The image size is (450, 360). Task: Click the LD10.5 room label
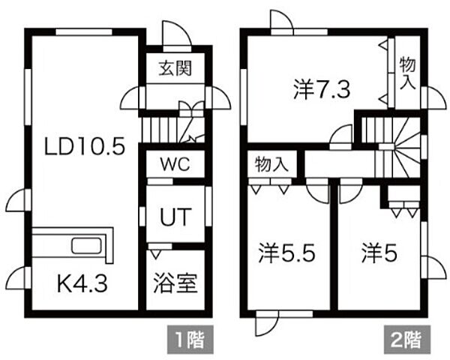point(85,146)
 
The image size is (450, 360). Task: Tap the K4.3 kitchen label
point(82,283)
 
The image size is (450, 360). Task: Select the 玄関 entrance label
point(175,68)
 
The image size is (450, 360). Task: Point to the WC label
point(175,164)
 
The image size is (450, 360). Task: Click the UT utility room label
point(175,217)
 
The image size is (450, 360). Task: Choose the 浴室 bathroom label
point(175,283)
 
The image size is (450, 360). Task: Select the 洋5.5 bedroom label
point(286,253)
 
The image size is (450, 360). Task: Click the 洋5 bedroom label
point(379,253)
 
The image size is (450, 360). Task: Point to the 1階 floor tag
point(190,340)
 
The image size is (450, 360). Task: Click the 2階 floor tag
point(407,340)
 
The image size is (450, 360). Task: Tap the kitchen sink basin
point(86,246)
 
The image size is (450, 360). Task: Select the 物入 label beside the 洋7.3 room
point(407,73)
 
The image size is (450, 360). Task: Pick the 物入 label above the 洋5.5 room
point(271,164)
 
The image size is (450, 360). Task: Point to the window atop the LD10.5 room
point(84,31)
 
